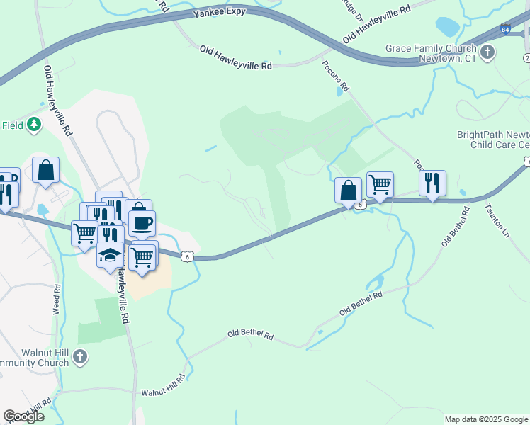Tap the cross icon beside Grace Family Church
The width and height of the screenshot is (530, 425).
point(487,52)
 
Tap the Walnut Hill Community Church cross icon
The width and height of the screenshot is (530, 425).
point(81,357)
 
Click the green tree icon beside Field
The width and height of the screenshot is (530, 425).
point(33,125)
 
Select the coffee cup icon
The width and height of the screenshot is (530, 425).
point(142,223)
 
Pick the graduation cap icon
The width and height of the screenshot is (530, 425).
point(110,255)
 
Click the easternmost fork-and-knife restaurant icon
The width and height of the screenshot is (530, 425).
point(432,183)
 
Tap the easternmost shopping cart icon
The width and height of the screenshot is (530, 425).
point(380,184)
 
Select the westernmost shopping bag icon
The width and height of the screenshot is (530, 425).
point(45,170)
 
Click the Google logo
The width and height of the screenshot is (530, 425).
point(23,416)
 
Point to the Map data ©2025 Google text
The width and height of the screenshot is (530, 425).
point(486,419)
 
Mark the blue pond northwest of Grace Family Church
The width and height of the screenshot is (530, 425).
point(447,27)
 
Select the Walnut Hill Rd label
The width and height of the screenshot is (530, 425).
point(162,386)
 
